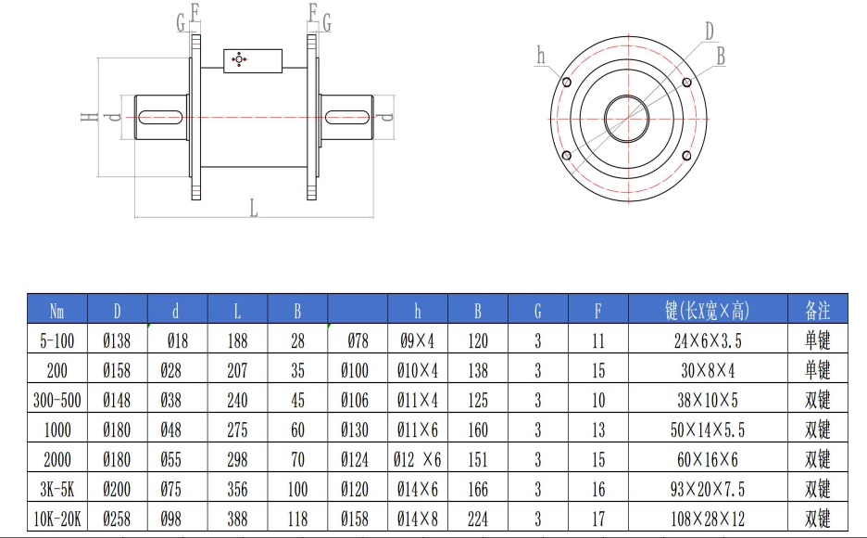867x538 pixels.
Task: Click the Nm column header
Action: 57,310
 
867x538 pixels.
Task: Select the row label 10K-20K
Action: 57,519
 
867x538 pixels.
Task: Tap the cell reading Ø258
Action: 117,519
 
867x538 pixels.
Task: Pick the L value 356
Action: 237,489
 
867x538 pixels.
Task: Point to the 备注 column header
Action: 818,310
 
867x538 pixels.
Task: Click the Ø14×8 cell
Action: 418,519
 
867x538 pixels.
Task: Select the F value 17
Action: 597,519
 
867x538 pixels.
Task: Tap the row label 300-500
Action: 57,400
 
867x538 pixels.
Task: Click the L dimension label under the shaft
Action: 253,208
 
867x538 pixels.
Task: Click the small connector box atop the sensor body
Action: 252,60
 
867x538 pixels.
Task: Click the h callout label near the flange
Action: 541,56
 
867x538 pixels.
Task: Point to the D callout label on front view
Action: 710,32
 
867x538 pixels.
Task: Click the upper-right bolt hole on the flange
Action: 686,83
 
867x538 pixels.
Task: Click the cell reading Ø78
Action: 358,340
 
